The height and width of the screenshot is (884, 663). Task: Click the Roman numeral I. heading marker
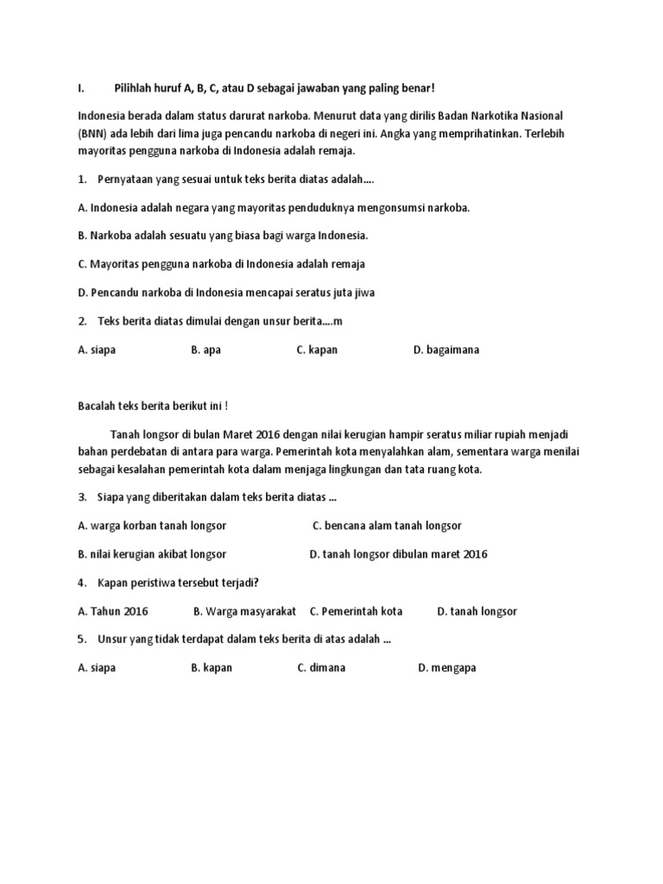point(80,88)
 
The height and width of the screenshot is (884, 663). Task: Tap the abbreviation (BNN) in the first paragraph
point(94,133)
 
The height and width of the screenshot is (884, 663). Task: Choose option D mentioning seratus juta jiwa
point(226,292)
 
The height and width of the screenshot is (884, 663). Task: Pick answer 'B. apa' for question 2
point(206,350)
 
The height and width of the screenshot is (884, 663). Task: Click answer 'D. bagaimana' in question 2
point(446,350)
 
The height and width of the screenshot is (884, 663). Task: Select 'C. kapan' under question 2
point(317,350)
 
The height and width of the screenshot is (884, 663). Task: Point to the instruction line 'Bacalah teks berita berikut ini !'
point(153,407)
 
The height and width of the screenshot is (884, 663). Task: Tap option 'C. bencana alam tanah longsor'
point(387,525)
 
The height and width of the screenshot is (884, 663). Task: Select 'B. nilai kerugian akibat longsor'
point(152,553)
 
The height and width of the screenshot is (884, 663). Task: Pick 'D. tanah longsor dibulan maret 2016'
point(398,553)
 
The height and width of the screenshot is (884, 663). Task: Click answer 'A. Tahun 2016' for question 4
point(113,610)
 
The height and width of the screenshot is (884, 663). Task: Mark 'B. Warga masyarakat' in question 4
point(244,610)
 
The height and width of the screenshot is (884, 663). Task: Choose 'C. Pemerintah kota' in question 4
point(356,610)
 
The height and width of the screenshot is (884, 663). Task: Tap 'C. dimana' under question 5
point(321,667)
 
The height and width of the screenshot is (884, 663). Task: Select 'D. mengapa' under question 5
point(447,667)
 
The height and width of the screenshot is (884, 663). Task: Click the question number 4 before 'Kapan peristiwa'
point(80,582)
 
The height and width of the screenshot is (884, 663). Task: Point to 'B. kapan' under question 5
point(212,667)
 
